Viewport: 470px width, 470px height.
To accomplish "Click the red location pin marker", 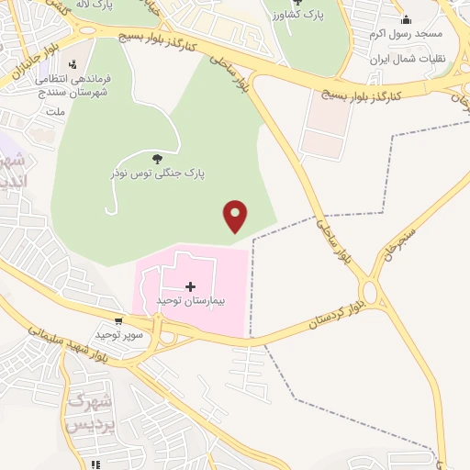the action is coord(236,216).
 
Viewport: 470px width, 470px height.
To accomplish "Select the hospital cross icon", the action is coord(190,286).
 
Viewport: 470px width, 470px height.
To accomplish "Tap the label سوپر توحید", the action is coord(122,335).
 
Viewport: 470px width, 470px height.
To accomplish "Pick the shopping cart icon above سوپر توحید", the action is coord(118,322).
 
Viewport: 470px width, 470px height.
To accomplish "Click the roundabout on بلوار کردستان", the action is coord(372,293).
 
